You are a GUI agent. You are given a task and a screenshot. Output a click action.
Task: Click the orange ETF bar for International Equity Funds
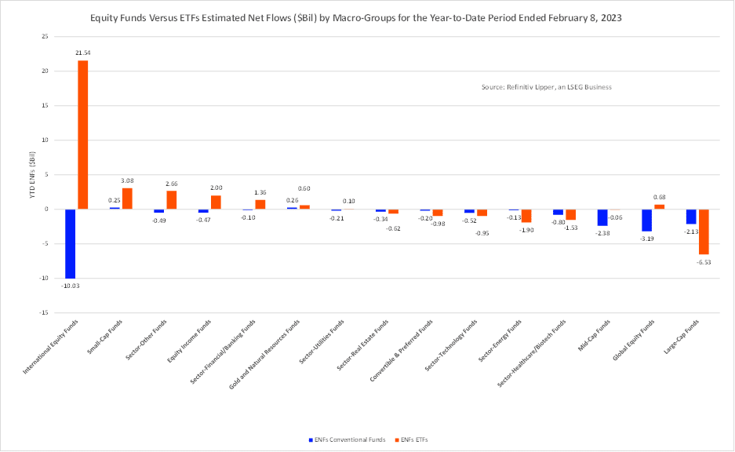(x=82, y=134)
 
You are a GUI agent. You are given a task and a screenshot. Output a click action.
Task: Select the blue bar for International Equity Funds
(x=70, y=243)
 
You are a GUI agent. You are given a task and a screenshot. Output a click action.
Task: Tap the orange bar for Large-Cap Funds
(x=704, y=231)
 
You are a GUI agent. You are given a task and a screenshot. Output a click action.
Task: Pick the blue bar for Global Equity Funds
(x=646, y=221)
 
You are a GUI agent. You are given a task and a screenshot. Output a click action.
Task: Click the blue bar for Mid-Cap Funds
(x=602, y=217)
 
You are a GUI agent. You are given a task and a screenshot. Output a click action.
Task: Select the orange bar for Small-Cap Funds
(x=127, y=199)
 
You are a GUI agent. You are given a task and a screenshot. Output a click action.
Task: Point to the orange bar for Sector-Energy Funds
(x=526, y=216)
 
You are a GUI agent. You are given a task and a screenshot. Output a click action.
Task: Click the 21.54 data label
(x=82, y=53)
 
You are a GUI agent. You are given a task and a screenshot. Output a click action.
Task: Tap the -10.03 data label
(x=70, y=286)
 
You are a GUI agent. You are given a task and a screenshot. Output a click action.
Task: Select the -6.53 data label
(x=704, y=262)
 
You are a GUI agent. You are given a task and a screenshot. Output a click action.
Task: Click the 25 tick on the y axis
(x=45, y=36)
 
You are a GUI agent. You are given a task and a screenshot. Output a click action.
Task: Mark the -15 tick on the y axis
(x=45, y=312)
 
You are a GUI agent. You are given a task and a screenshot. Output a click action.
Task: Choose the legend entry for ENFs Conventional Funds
(x=346, y=439)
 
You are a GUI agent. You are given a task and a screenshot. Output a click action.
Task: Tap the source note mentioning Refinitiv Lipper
(x=546, y=87)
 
